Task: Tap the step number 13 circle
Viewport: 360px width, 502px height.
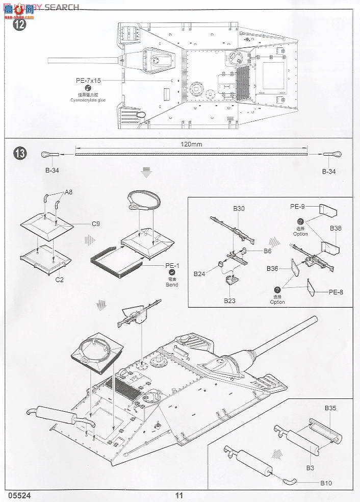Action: click(x=19, y=153)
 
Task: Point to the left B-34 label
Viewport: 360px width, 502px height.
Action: click(x=53, y=171)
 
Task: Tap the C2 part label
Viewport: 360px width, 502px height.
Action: click(x=59, y=280)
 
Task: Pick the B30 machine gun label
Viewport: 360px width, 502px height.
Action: click(x=239, y=208)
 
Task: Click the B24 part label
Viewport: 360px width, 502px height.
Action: click(x=199, y=274)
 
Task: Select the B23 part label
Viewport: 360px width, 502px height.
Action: click(x=230, y=300)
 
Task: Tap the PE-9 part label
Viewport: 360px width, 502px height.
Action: click(x=297, y=207)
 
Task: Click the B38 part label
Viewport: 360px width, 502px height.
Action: click(x=336, y=228)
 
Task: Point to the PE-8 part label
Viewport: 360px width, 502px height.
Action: click(x=335, y=292)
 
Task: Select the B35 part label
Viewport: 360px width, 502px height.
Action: click(x=330, y=408)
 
